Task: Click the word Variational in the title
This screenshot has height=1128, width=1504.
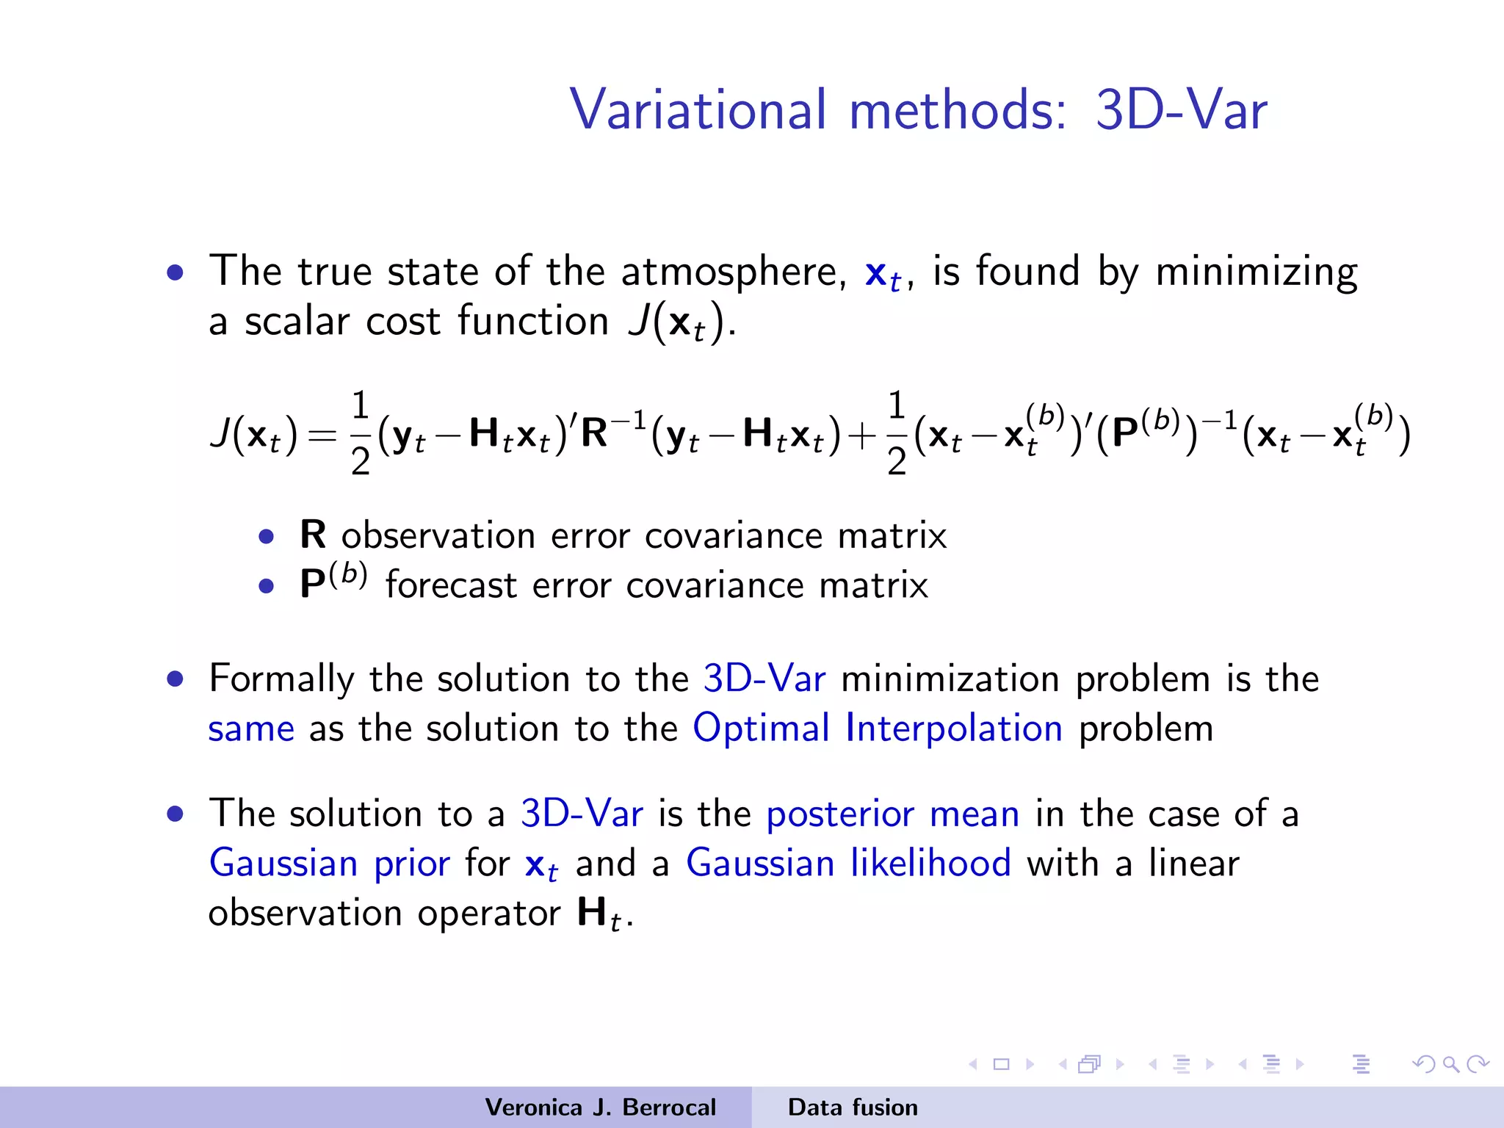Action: click(698, 110)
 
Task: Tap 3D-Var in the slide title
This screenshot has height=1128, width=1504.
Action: click(1181, 110)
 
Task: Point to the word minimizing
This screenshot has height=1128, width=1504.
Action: click(1256, 272)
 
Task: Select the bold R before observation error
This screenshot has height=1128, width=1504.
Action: click(313, 535)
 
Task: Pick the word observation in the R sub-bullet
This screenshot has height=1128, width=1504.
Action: click(438, 536)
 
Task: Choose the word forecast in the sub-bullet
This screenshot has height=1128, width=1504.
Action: click(452, 586)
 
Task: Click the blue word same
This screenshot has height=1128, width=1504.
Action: click(251, 729)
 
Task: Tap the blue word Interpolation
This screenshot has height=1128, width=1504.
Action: click(953, 728)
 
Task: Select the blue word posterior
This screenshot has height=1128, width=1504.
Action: click(839, 814)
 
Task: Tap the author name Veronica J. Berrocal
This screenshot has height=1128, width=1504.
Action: click(600, 1107)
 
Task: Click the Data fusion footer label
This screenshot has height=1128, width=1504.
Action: click(853, 1107)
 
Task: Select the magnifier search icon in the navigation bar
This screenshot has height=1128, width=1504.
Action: click(1450, 1063)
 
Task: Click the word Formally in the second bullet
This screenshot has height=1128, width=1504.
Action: click(281, 679)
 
